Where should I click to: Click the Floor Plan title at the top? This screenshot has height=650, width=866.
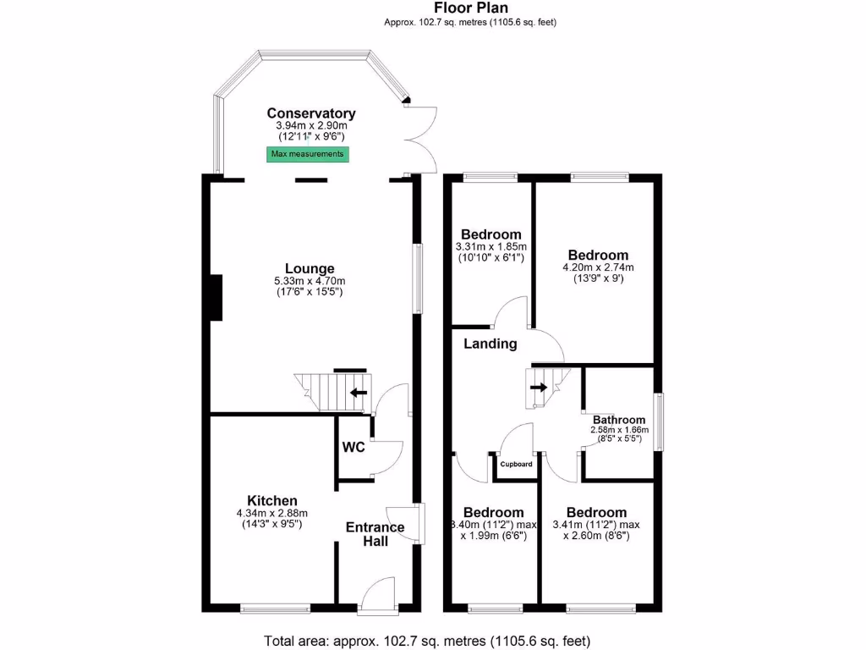470,8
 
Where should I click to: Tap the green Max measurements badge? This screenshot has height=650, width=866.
308,154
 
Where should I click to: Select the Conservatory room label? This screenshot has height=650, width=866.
311,113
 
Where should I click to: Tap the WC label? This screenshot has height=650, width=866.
353,447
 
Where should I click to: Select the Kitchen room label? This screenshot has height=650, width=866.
271,500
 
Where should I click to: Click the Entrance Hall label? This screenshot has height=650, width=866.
375,534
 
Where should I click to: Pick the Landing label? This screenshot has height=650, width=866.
491,344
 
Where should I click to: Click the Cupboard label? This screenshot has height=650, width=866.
516,465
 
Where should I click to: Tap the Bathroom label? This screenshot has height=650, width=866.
618,420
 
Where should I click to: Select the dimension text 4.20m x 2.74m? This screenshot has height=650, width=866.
598,267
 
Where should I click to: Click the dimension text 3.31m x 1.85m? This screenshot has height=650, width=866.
491,247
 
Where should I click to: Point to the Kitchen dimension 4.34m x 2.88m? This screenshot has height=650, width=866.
271,513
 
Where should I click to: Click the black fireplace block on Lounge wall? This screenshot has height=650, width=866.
216,298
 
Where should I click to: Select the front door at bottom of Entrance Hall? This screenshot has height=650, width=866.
377,595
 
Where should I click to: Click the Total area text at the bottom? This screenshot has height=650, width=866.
427,640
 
